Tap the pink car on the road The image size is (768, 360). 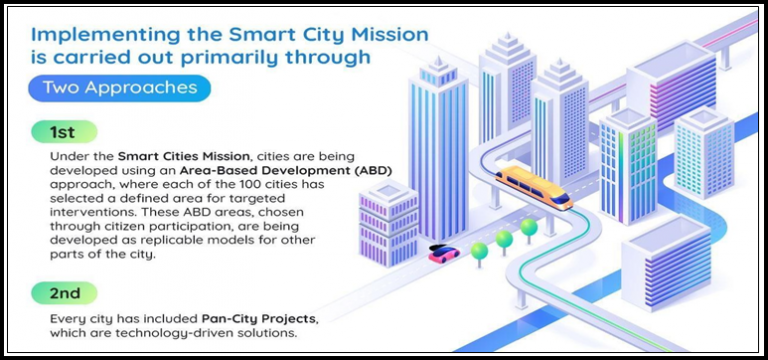click(x=442, y=255)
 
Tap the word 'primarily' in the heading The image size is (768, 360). click(x=224, y=58)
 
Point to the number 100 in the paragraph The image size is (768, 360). click(x=262, y=189)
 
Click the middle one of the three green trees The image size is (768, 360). click(x=503, y=238)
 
